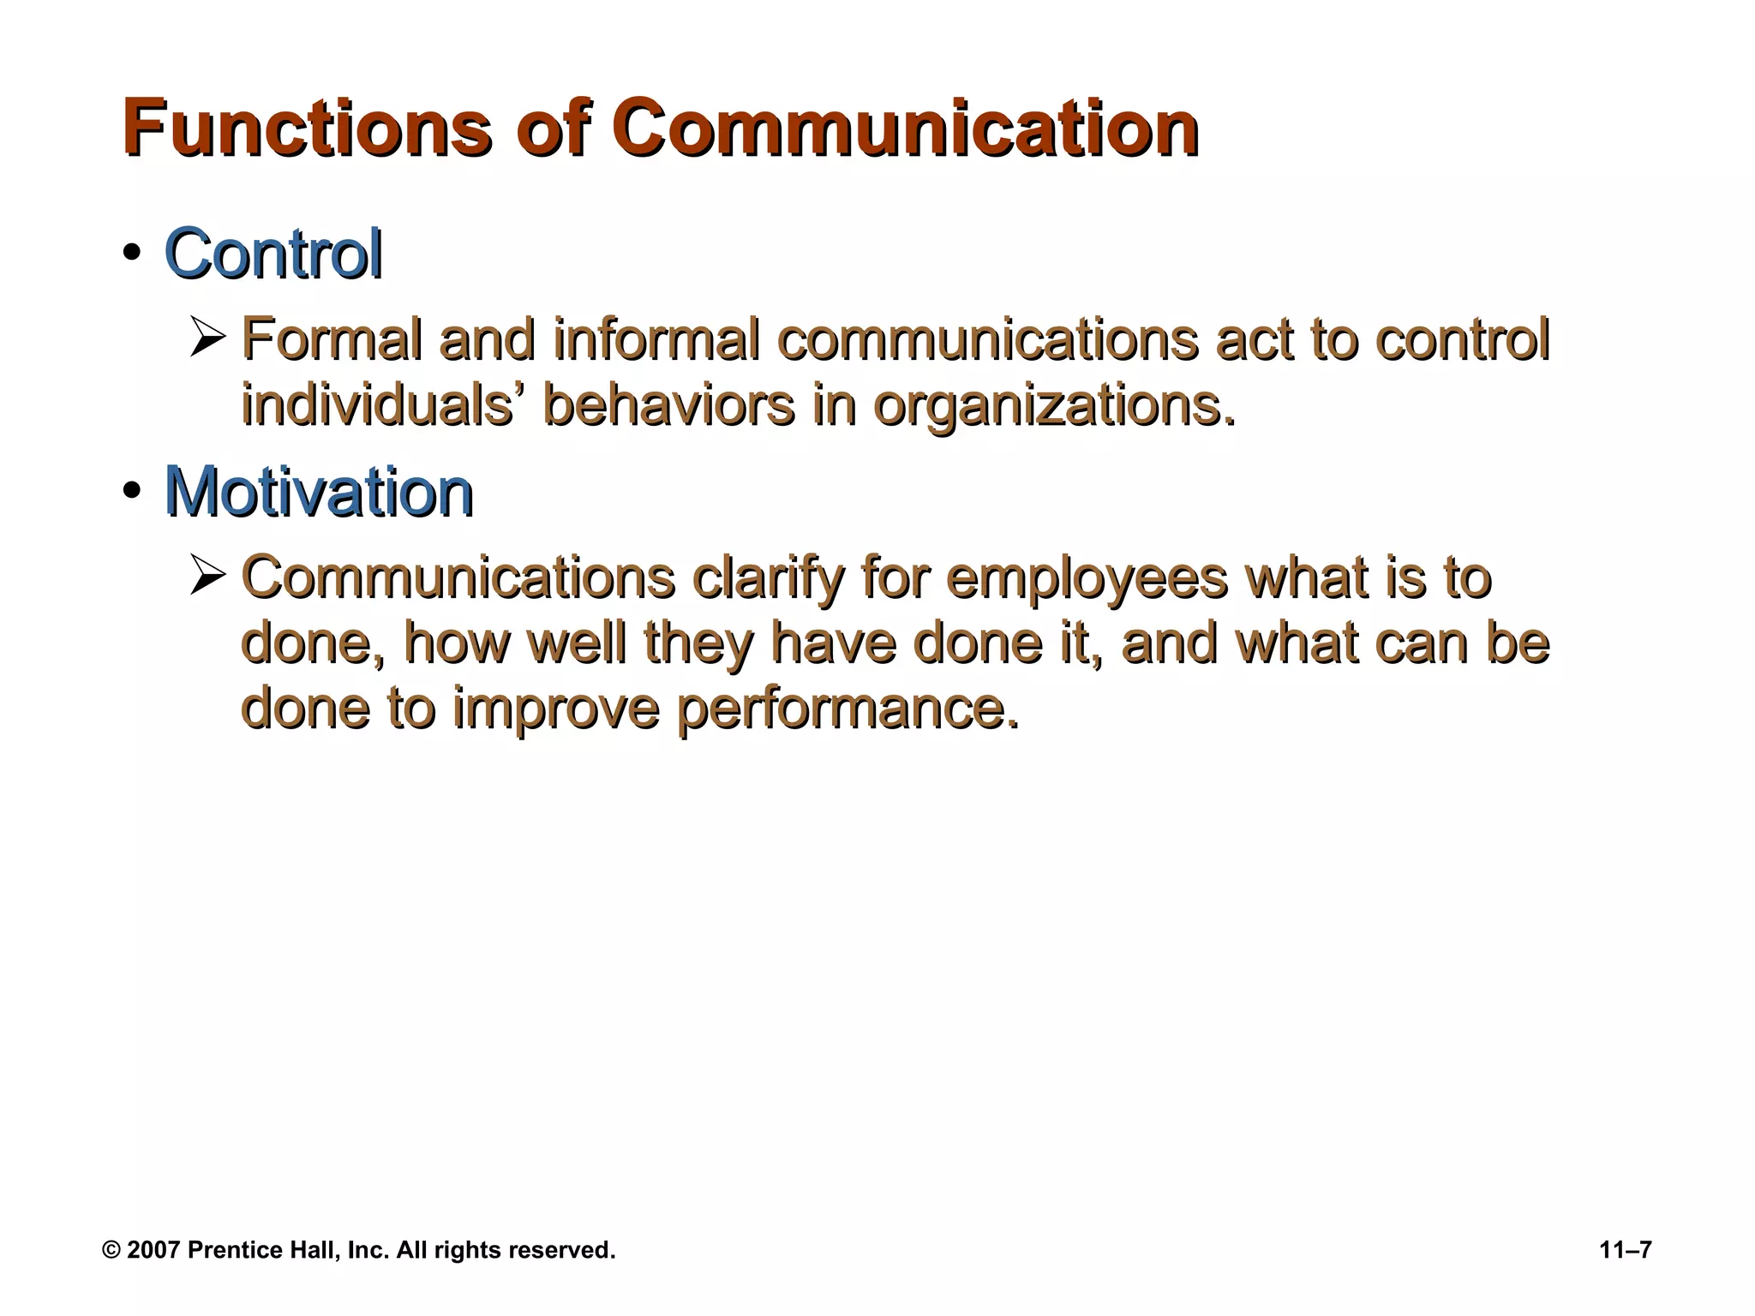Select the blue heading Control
click(273, 254)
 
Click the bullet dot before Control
click(131, 254)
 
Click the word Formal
click(332, 339)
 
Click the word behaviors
click(668, 404)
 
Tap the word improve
click(555, 709)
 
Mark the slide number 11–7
click(1626, 1250)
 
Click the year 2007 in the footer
click(153, 1250)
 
